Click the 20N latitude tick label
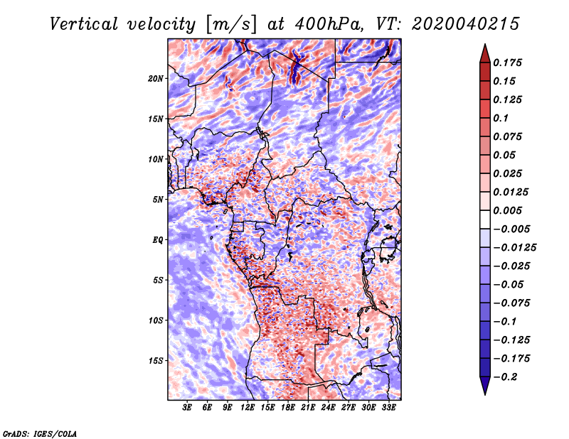[x=156, y=79]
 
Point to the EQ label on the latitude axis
[x=157, y=240]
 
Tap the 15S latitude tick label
[x=156, y=361]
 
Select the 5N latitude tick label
[x=158, y=200]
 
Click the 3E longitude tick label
[x=187, y=408]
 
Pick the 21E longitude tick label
[x=308, y=408]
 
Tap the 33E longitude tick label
[x=388, y=408]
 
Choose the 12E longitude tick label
[x=247, y=408]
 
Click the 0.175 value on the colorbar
[x=507, y=63]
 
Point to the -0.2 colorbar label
[x=505, y=377]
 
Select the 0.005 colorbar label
[x=507, y=210]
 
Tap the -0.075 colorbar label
[x=511, y=303]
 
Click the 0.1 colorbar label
[x=501, y=118]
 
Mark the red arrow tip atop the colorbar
[x=485, y=44]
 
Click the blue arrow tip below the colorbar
[x=485, y=394]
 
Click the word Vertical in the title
[x=84, y=24]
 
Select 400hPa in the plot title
[x=329, y=24]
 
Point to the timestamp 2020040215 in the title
[x=466, y=24]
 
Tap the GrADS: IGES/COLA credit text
[x=40, y=434]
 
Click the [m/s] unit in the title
[x=231, y=25]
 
